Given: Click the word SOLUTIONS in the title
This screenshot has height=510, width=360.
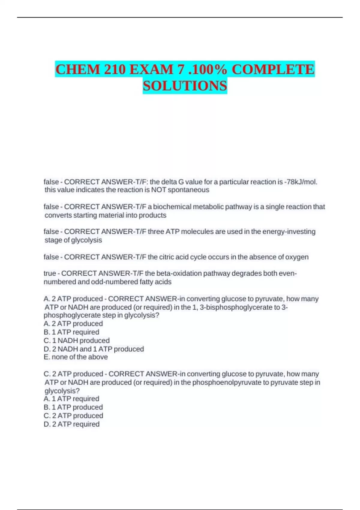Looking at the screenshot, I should (185, 86).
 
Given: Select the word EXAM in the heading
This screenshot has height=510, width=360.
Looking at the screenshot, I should (152, 70).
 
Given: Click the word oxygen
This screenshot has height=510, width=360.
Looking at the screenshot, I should (297, 257).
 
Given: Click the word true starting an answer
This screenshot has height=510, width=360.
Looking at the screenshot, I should (50, 273).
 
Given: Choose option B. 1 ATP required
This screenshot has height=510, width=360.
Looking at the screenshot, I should (71, 332).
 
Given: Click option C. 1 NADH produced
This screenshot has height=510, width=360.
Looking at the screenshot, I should (76, 340).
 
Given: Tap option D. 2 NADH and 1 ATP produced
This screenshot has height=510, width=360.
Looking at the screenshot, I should (94, 349).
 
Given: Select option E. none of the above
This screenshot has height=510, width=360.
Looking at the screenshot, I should (76, 357).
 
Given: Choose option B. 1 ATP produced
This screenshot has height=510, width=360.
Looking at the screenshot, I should (73, 407).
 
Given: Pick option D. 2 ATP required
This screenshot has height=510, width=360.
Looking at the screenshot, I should (71, 424).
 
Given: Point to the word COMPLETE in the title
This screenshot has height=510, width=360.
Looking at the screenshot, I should (273, 70).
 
